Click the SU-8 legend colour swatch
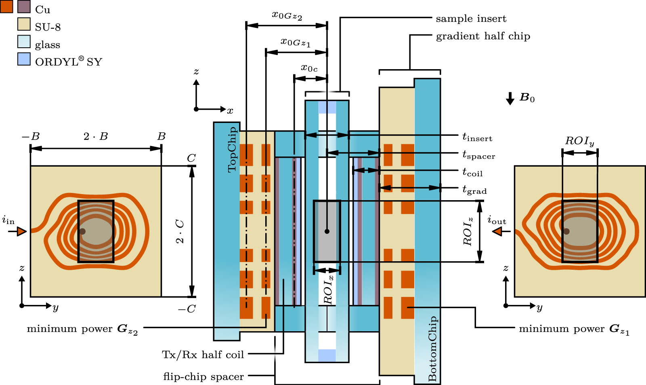24,24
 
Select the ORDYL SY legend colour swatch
24,59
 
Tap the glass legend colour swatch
24,42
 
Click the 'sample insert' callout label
471,19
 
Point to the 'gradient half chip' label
483,36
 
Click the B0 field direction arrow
510,98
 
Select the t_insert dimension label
477,137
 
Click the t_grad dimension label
474,190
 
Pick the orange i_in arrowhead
22,231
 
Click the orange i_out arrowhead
497,231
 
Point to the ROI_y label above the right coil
579,141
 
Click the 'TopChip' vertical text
232,150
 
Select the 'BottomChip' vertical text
432,349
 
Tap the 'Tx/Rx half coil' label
203,355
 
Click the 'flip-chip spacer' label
203,377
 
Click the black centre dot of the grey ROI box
327,231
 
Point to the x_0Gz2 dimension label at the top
287,16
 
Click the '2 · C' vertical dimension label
180,231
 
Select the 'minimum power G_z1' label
574,329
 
